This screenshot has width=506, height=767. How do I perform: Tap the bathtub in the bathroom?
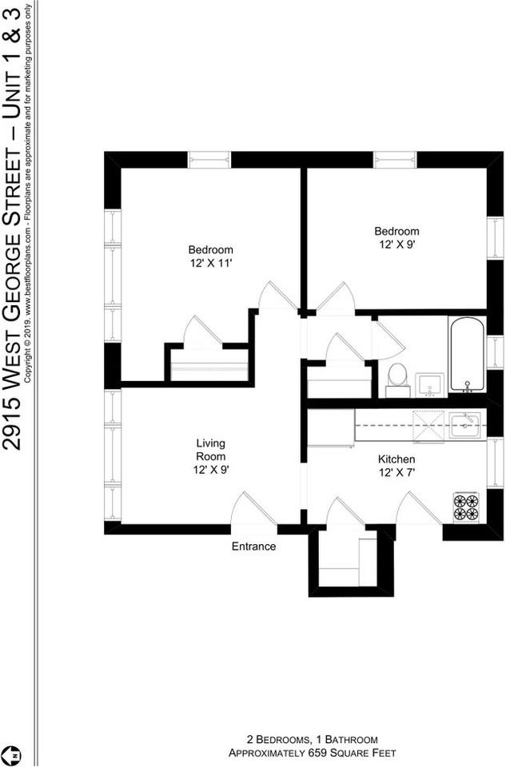coord(467,355)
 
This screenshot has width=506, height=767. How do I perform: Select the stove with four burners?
coord(466,507)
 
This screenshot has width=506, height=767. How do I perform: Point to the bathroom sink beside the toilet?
coord(429,384)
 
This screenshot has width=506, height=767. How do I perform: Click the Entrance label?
coord(253,546)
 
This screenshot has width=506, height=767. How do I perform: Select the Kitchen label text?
coord(396,459)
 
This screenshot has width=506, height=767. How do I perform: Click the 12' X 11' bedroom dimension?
coord(211,262)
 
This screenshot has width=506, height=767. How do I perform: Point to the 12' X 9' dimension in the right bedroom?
coord(397,245)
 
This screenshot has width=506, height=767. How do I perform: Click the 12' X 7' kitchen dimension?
coord(396,473)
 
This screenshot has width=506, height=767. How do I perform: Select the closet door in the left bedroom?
coord(203,332)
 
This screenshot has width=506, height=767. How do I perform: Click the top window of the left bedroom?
coord(209,160)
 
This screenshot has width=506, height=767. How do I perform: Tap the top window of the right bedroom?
coord(396,160)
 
